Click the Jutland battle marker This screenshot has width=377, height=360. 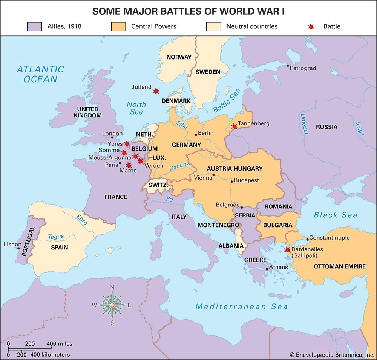pyautogui.click(x=155, y=91)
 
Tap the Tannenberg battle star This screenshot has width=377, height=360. pyautogui.click(x=234, y=126)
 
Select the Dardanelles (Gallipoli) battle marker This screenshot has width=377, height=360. pyautogui.click(x=288, y=250)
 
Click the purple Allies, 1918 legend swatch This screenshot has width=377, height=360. pyautogui.click(x=34, y=27)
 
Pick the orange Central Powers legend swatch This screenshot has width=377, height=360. pyautogui.click(x=118, y=27)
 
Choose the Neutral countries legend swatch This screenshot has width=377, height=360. pyautogui.click(x=213, y=27)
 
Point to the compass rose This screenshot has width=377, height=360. pyautogui.click(x=112, y=305)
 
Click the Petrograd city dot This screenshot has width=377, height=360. pyautogui.click(x=288, y=66)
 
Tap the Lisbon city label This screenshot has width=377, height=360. pyautogui.click(x=12, y=244)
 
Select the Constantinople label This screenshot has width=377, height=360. pyautogui.click(x=329, y=238)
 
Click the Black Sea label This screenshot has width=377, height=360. pyautogui.click(x=336, y=215)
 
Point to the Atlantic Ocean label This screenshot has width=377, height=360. pyautogui.click(x=40, y=74)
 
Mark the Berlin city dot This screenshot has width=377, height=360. pyautogui.click(x=196, y=135)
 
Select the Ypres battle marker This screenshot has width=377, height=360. pyautogui.click(x=127, y=144)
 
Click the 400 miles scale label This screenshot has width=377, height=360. pyautogui.click(x=60, y=344)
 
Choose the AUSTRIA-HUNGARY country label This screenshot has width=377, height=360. pyautogui.click(x=234, y=168)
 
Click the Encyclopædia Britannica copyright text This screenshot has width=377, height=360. pyautogui.click(x=332, y=355)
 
